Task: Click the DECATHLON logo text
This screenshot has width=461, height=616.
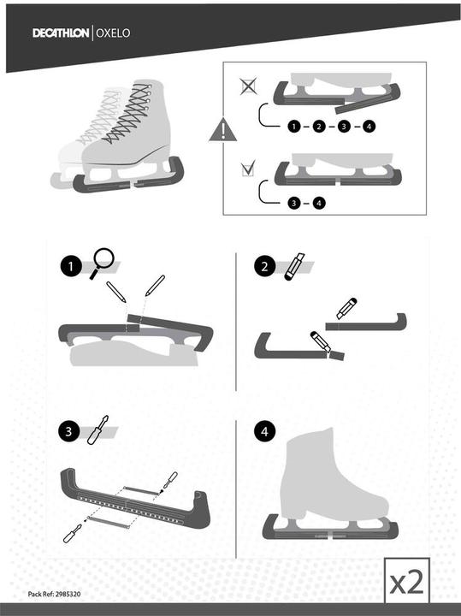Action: (x=61, y=33)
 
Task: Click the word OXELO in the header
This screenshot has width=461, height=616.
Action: (x=113, y=33)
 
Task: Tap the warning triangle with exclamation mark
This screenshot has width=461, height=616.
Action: (x=223, y=129)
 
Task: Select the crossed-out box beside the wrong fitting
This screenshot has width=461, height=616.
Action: (x=249, y=86)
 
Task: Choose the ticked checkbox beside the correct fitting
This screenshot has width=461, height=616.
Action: (x=248, y=168)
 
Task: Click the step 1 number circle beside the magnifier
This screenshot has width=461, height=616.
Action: (x=71, y=266)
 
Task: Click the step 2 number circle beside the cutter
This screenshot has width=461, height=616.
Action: (x=264, y=266)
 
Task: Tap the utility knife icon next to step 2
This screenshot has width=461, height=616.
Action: (x=294, y=266)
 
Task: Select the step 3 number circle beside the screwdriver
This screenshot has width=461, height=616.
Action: (x=68, y=431)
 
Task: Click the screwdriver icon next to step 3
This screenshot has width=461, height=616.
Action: (x=98, y=429)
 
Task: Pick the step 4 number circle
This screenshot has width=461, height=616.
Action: (x=264, y=431)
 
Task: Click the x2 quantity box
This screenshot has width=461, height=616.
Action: (x=407, y=581)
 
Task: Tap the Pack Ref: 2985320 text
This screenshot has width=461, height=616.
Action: (x=54, y=594)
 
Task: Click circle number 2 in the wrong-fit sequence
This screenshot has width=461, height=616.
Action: (x=319, y=126)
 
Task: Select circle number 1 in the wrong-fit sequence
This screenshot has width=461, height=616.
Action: (x=293, y=126)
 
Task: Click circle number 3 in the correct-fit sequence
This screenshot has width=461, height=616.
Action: (x=293, y=203)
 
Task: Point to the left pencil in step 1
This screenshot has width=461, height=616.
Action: (x=116, y=292)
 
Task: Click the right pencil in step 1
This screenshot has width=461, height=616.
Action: (x=155, y=286)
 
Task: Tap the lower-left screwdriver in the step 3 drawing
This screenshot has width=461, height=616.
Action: (x=73, y=534)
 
